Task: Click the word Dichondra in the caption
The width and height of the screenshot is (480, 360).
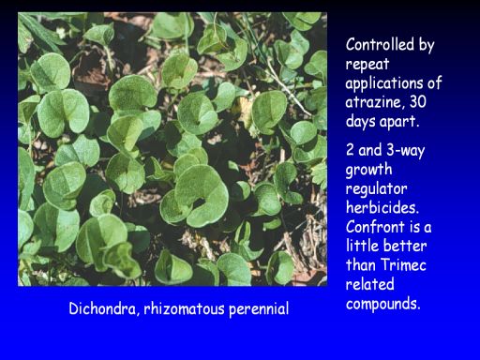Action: [104, 308]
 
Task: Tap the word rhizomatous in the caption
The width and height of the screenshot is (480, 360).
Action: [185, 308]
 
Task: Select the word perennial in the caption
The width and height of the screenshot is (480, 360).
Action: [259, 309]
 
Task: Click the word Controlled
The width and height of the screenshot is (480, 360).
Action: [380, 44]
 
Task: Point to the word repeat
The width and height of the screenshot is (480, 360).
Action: [367, 65]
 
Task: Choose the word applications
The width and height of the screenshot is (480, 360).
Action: [382, 83]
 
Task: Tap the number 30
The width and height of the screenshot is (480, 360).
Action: [418, 102]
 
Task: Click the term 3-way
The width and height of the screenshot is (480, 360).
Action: [406, 150]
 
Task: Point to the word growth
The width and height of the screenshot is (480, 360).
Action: [368, 170]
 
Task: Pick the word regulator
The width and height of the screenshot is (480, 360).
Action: [376, 189]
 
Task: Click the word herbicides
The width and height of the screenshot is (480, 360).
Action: [382, 207]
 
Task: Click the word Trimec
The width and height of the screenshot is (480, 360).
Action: [404, 265]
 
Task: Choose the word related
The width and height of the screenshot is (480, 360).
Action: [369, 284]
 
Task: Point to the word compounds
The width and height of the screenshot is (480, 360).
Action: [382, 304]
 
